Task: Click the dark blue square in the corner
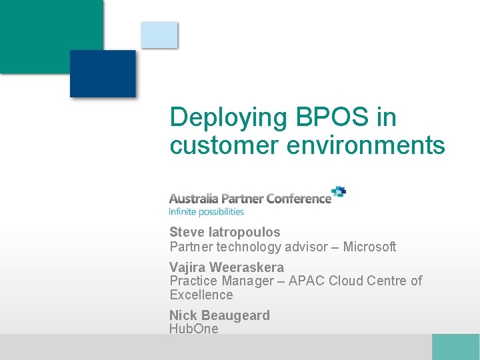(x=103, y=73)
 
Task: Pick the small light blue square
(x=159, y=35)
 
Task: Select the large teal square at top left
(x=47, y=33)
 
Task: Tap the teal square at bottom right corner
(x=455, y=347)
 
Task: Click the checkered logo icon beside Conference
(x=339, y=193)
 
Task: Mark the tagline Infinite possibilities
(x=207, y=212)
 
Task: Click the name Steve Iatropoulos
(x=225, y=233)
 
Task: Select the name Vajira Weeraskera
(x=226, y=268)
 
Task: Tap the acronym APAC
(x=306, y=281)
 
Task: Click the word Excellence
(x=201, y=295)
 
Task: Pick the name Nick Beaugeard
(x=219, y=315)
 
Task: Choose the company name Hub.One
(x=194, y=329)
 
